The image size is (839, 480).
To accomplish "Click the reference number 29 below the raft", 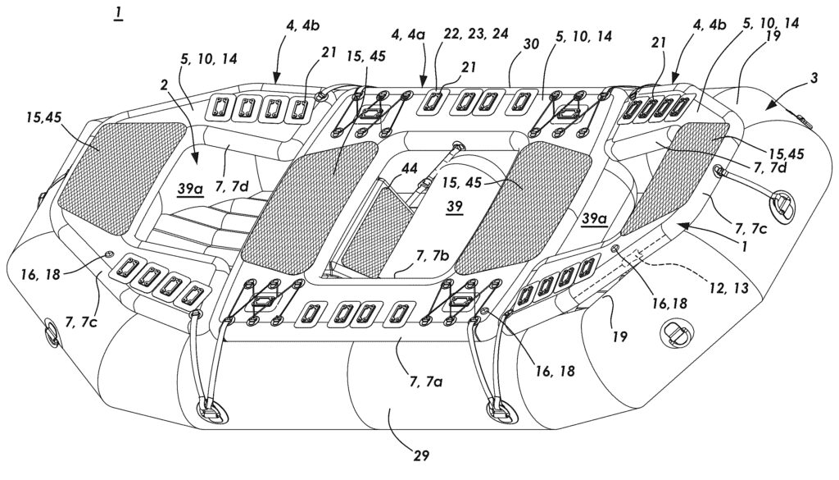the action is pyautogui.click(x=421, y=455).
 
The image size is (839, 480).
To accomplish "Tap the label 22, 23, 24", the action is pyautogui.click(x=476, y=33).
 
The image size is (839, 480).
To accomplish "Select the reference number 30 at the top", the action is pyautogui.click(x=531, y=44).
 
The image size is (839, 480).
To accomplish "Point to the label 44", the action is pyautogui.click(x=410, y=169).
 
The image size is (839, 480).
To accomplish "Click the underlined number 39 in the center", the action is pyautogui.click(x=454, y=207).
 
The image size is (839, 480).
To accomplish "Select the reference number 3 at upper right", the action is pyautogui.click(x=814, y=78).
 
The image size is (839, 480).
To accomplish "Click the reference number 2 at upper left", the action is pyautogui.click(x=164, y=85).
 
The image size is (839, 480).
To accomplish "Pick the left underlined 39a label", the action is pyautogui.click(x=190, y=189).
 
